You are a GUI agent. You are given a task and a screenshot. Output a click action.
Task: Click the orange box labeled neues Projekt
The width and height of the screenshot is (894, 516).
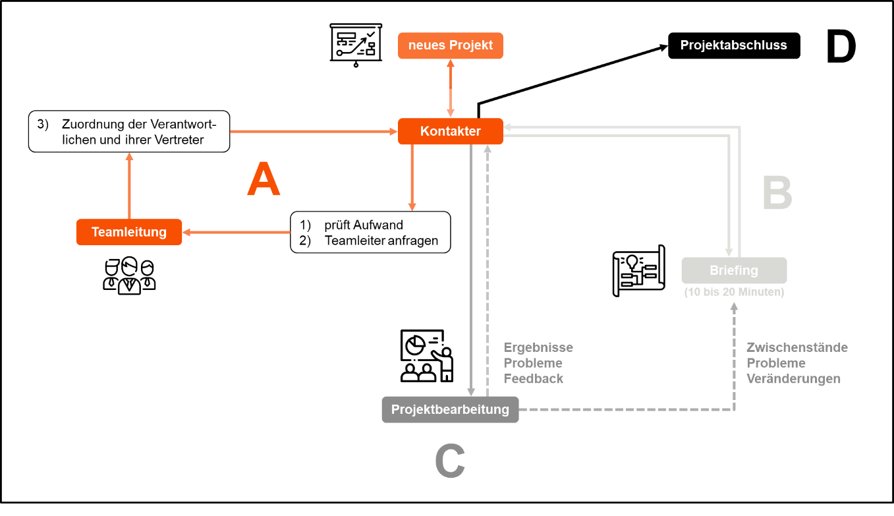pos(450,45)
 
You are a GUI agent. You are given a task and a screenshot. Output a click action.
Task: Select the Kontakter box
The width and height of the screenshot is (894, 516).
pos(450,131)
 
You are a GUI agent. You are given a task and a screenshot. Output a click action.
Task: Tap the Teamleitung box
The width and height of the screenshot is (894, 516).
pos(129,232)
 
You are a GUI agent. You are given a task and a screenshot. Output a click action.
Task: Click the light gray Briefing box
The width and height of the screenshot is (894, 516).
pos(733,270)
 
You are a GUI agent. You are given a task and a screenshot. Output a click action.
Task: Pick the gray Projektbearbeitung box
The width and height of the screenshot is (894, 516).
pos(450,409)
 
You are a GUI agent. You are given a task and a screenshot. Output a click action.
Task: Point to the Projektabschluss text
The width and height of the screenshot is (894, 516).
pos(733,45)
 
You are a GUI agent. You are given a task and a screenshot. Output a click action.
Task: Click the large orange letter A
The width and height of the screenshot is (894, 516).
pos(264,180)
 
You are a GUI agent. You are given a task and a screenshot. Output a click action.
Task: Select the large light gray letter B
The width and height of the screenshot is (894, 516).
pos(777,193)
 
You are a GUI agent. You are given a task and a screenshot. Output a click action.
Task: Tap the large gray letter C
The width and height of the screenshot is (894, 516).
pos(450,461)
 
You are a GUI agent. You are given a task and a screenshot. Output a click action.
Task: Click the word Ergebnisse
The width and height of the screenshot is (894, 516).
pos(538,347)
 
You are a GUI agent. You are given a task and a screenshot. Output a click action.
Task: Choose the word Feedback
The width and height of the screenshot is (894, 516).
pos(534,379)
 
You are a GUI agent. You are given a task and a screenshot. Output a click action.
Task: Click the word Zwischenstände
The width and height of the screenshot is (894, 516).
pos(796,347)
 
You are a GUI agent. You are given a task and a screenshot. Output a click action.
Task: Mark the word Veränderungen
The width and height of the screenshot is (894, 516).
pos(793,379)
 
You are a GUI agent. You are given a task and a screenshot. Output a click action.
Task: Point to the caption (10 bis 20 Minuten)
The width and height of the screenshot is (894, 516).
pos(734,292)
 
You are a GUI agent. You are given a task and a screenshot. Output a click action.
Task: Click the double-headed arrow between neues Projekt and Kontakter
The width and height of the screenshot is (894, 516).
pos(451,88)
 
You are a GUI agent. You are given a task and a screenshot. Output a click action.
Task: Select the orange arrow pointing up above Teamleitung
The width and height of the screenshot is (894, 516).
pos(129,185)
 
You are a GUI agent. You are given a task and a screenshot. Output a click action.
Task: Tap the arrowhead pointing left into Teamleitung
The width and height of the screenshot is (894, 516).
pos(187,232)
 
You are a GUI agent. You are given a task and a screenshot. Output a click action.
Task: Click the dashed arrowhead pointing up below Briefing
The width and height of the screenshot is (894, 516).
pos(734,306)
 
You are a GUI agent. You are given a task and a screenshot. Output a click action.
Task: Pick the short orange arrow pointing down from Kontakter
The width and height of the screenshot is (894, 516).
pos(412,178)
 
